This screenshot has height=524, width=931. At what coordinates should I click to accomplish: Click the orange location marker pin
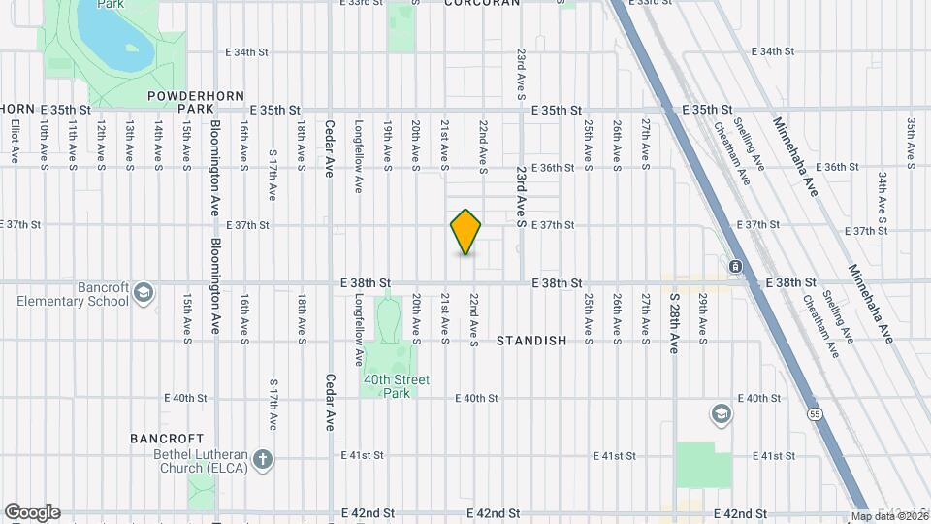click(x=465, y=232)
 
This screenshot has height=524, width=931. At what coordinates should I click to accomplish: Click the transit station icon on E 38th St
click(x=736, y=266)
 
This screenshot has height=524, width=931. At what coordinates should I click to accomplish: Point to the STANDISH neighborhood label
click(x=531, y=341)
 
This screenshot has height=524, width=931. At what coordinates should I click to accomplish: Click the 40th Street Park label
click(x=396, y=385)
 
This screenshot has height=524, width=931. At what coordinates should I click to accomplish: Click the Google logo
click(x=32, y=512)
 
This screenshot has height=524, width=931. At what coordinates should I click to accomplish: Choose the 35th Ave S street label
click(x=911, y=143)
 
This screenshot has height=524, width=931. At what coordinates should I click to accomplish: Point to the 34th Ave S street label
click(x=882, y=197)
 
